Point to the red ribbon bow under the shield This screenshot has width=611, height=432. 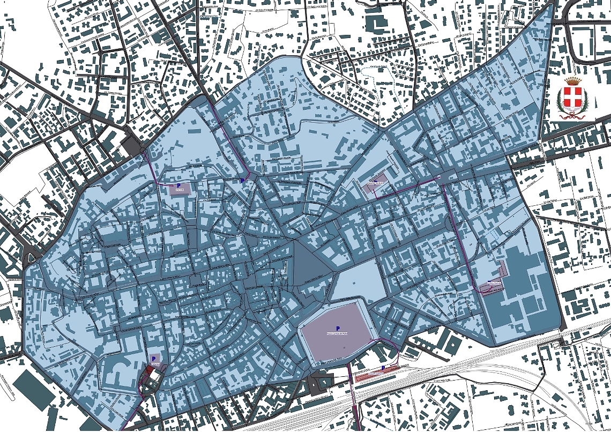click(573, 114)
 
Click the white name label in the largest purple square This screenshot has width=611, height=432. click(338, 334)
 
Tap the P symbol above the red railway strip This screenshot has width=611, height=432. click(383, 368)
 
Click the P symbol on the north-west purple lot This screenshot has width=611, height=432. click(178, 185)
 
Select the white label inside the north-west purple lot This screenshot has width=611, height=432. click(180, 190)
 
